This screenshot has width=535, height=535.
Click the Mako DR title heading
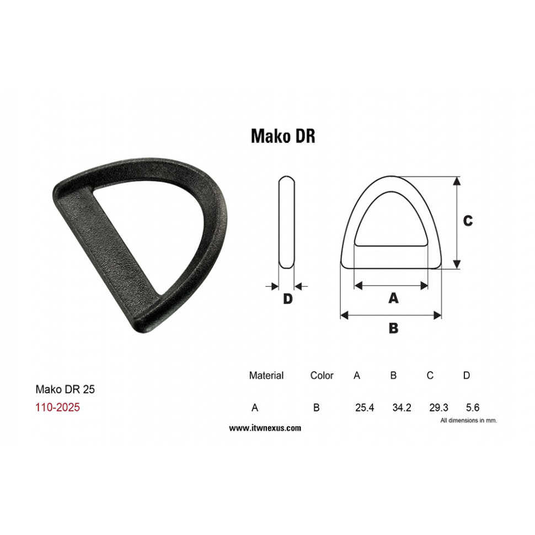(x=283, y=136)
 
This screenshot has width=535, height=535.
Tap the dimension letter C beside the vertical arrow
(x=468, y=221)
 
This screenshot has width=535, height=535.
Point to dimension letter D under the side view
(x=287, y=299)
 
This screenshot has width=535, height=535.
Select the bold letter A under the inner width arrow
(x=393, y=298)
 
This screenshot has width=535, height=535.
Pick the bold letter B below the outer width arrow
(x=393, y=328)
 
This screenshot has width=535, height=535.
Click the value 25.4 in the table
(x=365, y=408)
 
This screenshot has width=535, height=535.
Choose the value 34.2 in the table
(x=402, y=408)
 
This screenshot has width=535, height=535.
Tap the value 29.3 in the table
(x=438, y=408)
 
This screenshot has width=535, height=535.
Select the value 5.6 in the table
(x=473, y=408)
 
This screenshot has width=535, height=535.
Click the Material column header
(x=266, y=375)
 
